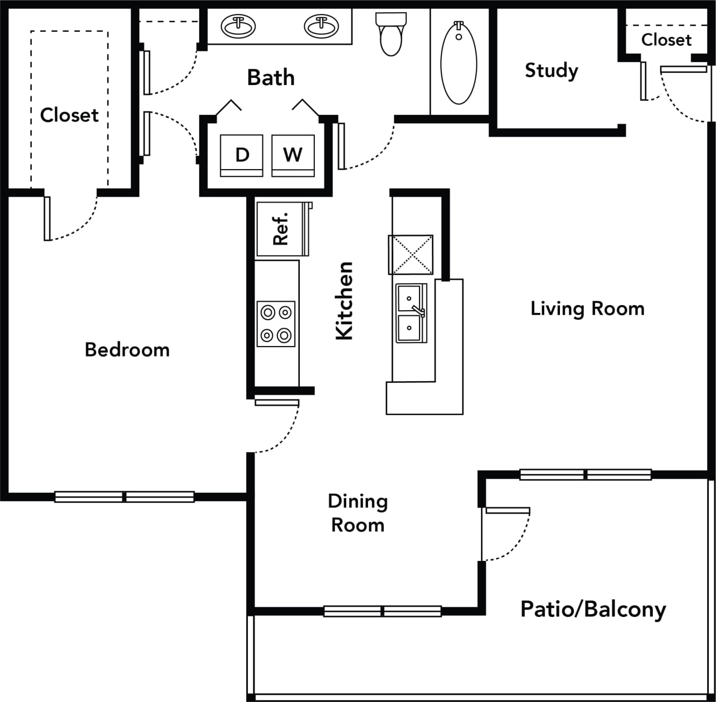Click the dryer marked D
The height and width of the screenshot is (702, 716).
(x=242, y=155)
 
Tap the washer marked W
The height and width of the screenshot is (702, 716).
(x=293, y=155)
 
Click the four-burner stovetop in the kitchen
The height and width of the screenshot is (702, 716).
(x=276, y=324)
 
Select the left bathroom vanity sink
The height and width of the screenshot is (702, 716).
(x=238, y=26)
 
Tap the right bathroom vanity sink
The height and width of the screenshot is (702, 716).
(x=321, y=26)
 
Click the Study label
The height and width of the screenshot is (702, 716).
(x=551, y=71)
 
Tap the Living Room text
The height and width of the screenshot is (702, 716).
(x=587, y=308)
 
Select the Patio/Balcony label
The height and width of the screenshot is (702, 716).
(x=593, y=609)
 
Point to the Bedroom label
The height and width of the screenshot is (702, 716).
(x=127, y=350)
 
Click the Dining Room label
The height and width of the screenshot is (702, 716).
(x=358, y=513)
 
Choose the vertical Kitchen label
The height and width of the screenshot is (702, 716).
(x=345, y=301)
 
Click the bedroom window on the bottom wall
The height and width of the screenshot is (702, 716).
(x=124, y=497)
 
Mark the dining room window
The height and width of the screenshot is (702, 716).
(x=383, y=611)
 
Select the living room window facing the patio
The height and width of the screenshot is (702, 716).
(x=586, y=475)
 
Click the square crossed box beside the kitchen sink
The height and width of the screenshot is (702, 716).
(x=411, y=255)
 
